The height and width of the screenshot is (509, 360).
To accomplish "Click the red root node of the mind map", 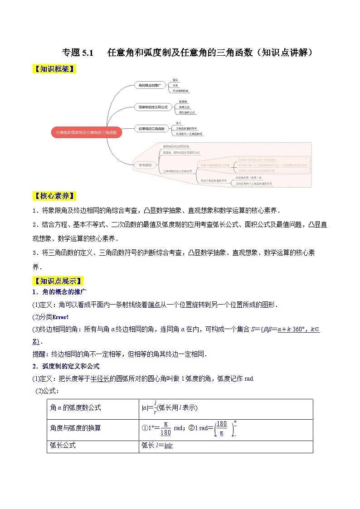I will tap(87, 133).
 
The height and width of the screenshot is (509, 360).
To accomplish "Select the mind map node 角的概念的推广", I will tap(150, 85).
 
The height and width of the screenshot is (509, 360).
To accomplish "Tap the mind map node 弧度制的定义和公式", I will tap(153, 107).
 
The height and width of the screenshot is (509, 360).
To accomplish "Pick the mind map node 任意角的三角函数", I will tap(151, 129).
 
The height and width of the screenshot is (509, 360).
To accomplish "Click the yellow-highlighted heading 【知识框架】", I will tap(54, 69).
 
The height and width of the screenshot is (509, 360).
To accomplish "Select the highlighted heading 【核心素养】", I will tap(54, 196).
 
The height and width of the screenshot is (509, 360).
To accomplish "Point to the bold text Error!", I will tap(61, 317).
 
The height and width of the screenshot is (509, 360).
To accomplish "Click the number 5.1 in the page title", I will tap(85, 53).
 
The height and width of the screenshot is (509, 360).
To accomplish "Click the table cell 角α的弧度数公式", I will tap(75, 407).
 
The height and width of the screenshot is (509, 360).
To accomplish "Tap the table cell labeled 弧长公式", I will tap(63, 445).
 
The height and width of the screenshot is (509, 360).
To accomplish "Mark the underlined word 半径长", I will tap(100, 378).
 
